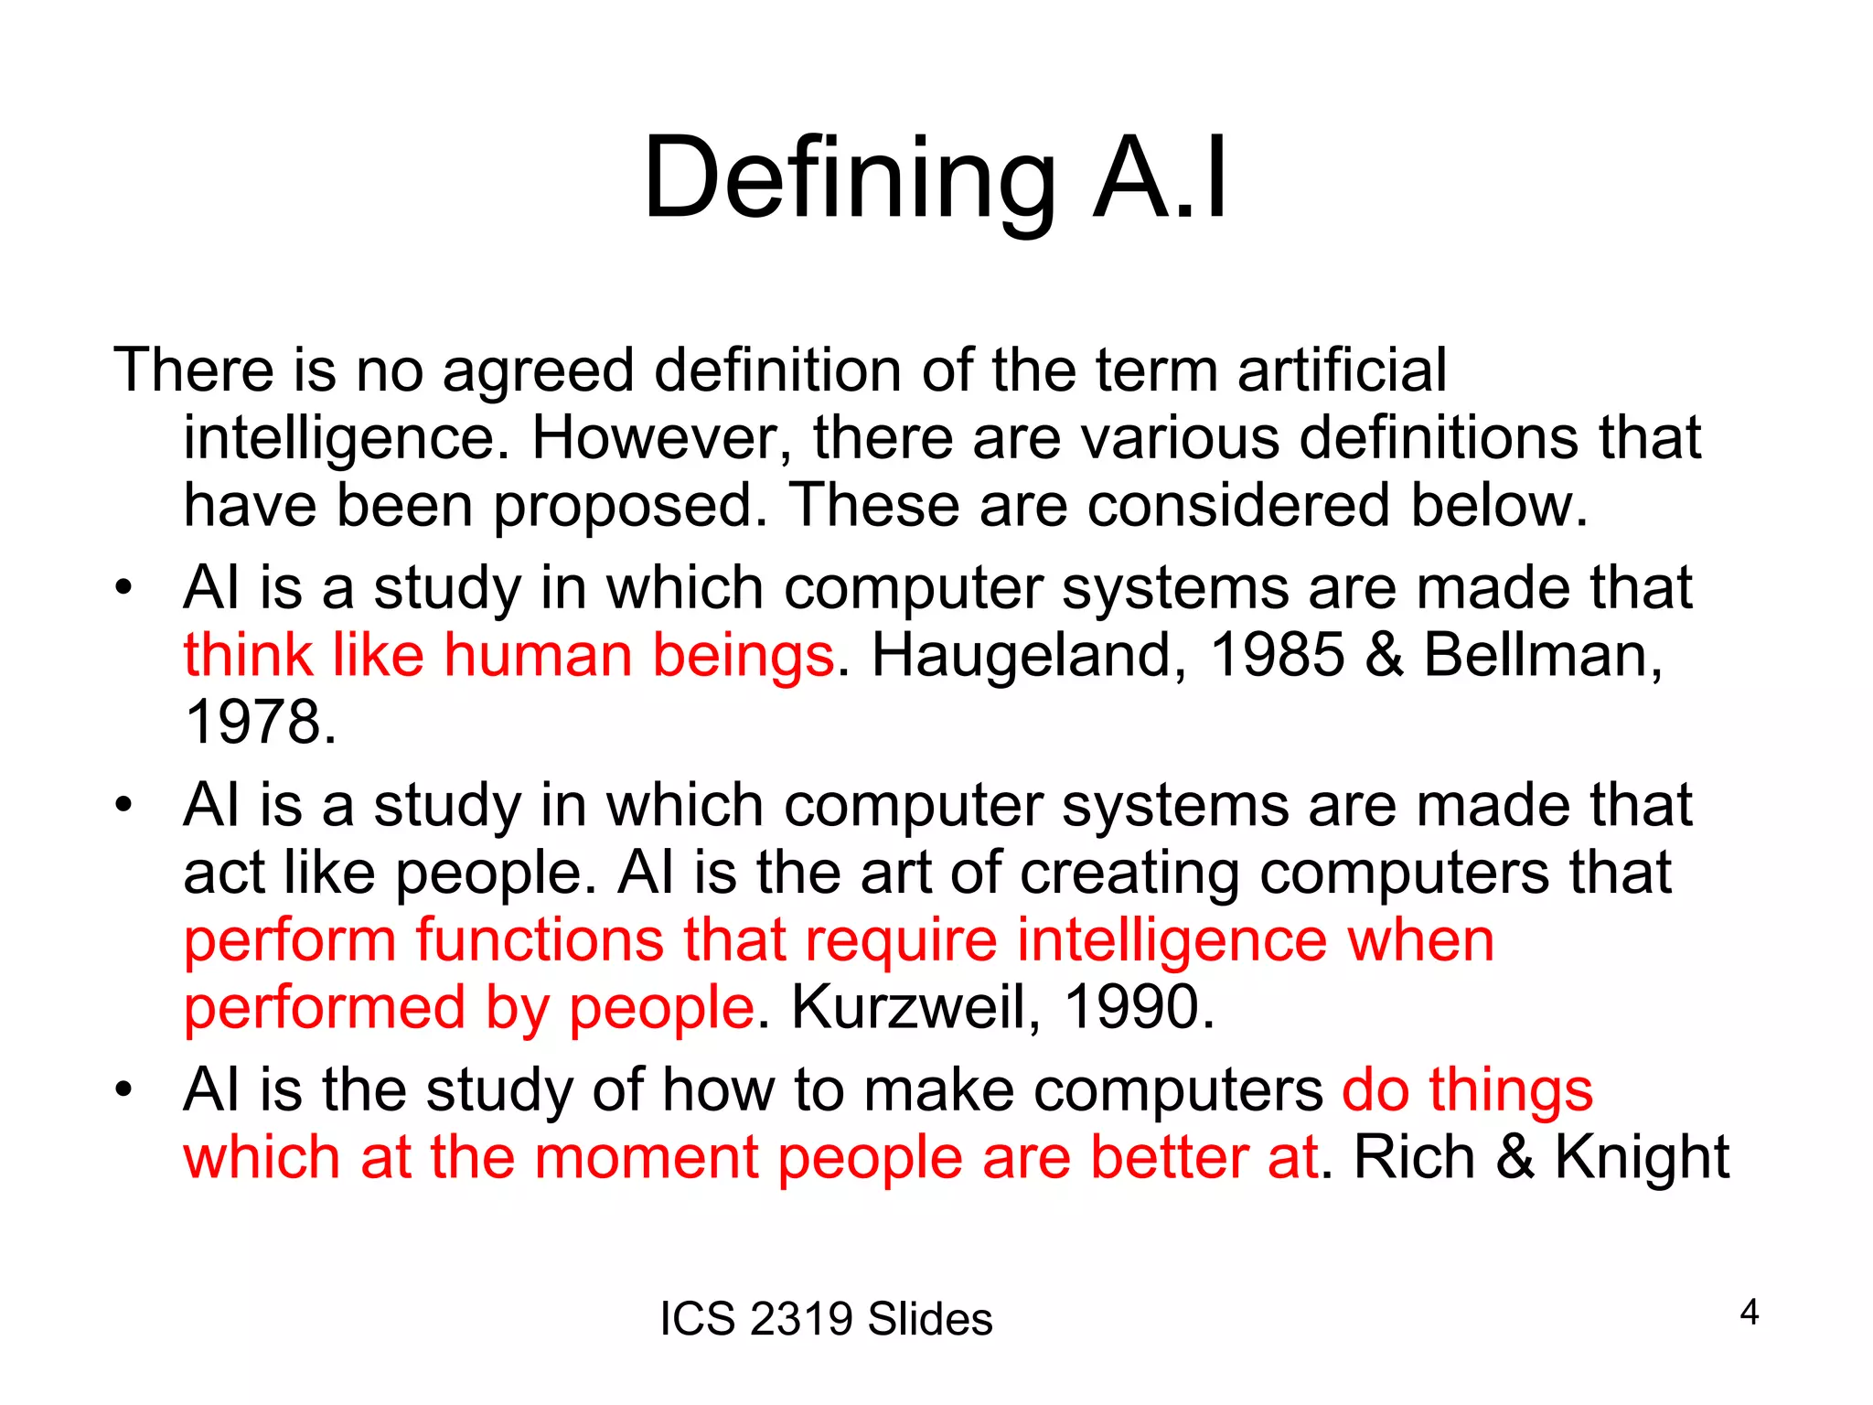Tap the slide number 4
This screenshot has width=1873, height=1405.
1749,1313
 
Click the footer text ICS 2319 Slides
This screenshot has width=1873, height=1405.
826,1319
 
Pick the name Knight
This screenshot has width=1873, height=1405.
1642,1157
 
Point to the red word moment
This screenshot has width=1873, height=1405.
647,1157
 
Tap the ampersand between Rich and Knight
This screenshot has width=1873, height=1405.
1514,1157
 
